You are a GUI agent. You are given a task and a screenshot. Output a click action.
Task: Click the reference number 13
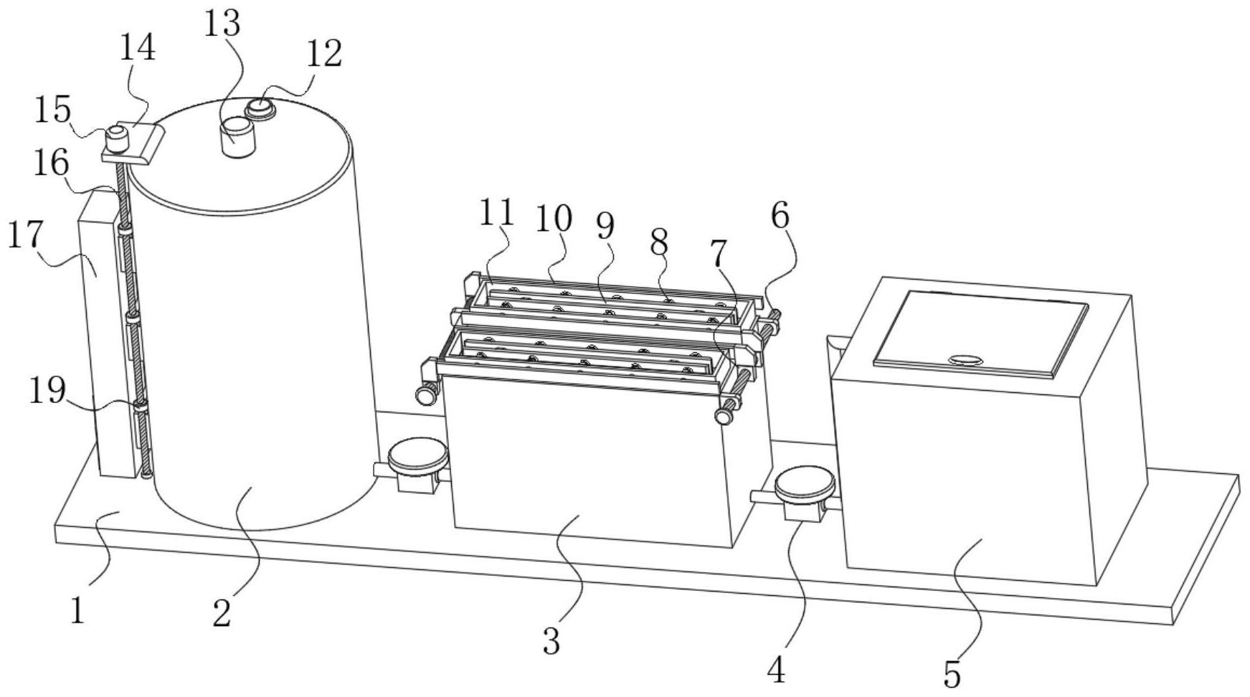pos(222,24)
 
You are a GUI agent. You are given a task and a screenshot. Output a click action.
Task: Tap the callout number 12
pos(324,54)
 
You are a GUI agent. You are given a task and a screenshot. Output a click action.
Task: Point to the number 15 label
pos(54,110)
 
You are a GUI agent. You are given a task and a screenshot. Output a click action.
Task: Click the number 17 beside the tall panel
pos(25,235)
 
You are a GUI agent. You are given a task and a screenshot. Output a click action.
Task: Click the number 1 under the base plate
pos(78,610)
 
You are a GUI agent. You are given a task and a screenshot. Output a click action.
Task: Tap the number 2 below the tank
pos(222,613)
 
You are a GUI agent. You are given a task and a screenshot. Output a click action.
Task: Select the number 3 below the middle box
pos(551,641)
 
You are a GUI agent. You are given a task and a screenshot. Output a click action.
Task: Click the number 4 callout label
pos(777,670)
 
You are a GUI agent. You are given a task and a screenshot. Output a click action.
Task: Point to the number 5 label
pos(952,675)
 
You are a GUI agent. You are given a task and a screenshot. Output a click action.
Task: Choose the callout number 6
pos(780,215)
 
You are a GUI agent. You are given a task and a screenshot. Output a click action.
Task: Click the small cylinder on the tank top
pos(237,136)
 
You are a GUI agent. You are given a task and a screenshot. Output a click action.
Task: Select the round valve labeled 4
pos(805,485)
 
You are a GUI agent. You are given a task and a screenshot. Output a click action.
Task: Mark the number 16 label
pos(51,163)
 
